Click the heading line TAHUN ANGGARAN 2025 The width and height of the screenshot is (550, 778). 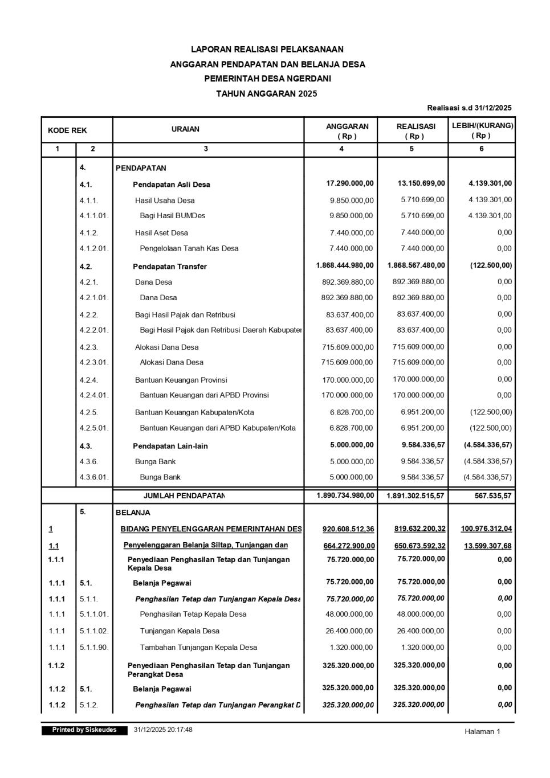pyautogui.click(x=267, y=93)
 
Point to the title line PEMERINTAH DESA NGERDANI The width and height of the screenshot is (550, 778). pyautogui.click(x=267, y=79)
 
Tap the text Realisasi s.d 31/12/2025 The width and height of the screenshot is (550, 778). pyautogui.click(x=469, y=108)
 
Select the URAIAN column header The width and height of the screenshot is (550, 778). pyautogui.click(x=185, y=129)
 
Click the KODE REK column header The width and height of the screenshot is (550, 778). pyautogui.click(x=67, y=130)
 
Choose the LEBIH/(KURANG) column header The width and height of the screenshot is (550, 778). pyautogui.click(x=483, y=125)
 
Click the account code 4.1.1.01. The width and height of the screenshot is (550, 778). pyautogui.click(x=94, y=216)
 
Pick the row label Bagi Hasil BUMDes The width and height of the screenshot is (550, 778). pyautogui.click(x=173, y=216)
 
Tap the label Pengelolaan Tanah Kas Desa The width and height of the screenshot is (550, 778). pyautogui.click(x=189, y=248)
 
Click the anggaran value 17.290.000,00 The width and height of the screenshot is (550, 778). pyautogui.click(x=350, y=183)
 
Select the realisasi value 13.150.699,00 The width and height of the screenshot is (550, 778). pyautogui.click(x=421, y=183)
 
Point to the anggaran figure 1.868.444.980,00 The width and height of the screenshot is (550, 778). pyautogui.click(x=345, y=265)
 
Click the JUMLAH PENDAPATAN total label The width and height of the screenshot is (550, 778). pyautogui.click(x=184, y=496)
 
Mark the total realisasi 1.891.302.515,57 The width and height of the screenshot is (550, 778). pyautogui.click(x=415, y=496)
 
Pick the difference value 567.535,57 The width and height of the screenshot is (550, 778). pyautogui.click(x=493, y=496)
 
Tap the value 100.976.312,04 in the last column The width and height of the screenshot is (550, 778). pyautogui.click(x=486, y=529)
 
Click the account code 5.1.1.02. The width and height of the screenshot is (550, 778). pyautogui.click(x=94, y=631)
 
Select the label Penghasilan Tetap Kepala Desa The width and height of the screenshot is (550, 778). pyautogui.click(x=193, y=614)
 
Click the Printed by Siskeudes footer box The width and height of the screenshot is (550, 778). pyautogui.click(x=84, y=730)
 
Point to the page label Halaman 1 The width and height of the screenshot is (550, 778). pyautogui.click(x=482, y=732)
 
